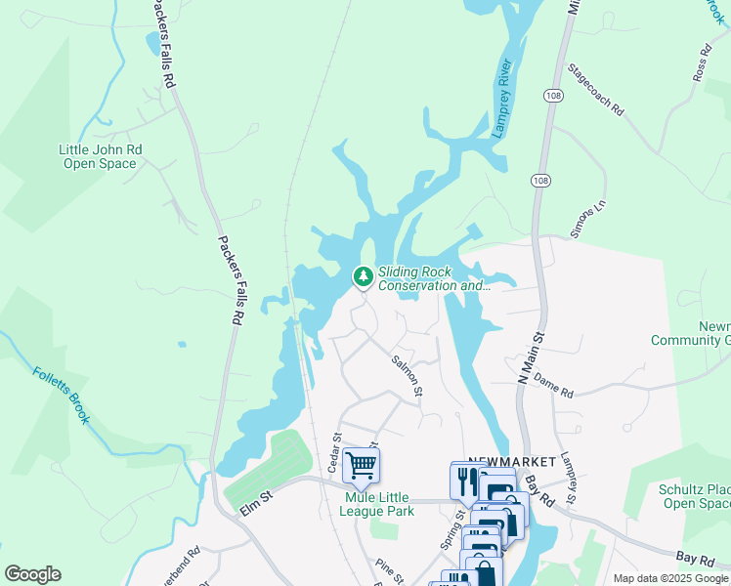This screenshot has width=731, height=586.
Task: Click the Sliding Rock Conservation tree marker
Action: click(364, 277)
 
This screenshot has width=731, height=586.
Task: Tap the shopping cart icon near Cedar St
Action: click(362, 466)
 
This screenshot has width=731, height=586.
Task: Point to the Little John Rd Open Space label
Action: click(101, 156)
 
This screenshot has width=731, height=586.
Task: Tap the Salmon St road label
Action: click(407, 375)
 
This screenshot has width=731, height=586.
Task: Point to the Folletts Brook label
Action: click(61, 395)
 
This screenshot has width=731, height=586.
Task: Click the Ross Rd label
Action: click(701, 63)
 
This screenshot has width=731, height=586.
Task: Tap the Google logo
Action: click(32, 574)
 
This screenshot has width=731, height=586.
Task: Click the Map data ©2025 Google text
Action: click(671, 578)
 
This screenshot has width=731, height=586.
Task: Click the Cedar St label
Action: click(334, 453)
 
